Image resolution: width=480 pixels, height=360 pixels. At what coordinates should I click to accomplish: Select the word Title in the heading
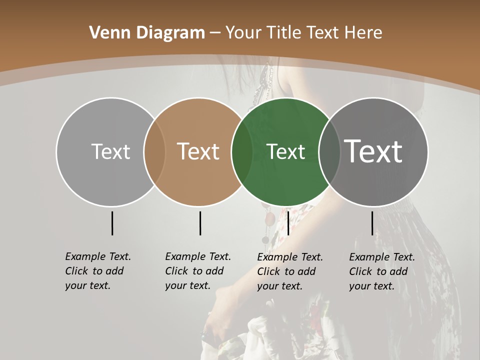click(x=285, y=32)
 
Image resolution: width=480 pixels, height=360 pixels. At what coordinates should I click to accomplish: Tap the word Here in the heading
click(x=364, y=32)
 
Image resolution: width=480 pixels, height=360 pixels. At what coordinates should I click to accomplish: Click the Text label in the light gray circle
click(x=110, y=151)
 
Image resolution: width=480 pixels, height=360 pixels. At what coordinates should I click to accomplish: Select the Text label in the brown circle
click(x=198, y=151)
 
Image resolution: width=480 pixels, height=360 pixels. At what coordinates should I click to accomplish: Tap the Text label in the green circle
click(x=286, y=151)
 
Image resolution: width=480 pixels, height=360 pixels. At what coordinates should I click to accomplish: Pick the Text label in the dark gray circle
click(x=373, y=151)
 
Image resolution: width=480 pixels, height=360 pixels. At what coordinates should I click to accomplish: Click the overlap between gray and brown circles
click(x=154, y=151)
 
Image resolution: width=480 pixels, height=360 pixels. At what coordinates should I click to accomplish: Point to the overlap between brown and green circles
click(x=242, y=151)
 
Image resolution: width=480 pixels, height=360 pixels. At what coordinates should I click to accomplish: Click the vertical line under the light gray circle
click(x=112, y=223)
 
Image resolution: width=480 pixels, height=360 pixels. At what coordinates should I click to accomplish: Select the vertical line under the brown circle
click(x=200, y=223)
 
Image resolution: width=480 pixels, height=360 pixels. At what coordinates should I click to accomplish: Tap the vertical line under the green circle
click(x=288, y=223)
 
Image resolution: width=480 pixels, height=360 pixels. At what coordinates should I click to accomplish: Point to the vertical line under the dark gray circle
click(x=372, y=223)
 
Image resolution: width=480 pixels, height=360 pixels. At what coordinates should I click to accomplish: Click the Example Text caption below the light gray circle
click(x=97, y=271)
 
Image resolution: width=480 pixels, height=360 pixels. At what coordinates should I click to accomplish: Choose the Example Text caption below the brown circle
click(x=197, y=271)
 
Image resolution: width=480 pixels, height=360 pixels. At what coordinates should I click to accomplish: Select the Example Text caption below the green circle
click(x=289, y=271)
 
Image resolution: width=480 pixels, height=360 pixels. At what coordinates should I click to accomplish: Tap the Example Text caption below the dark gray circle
click(x=381, y=271)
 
